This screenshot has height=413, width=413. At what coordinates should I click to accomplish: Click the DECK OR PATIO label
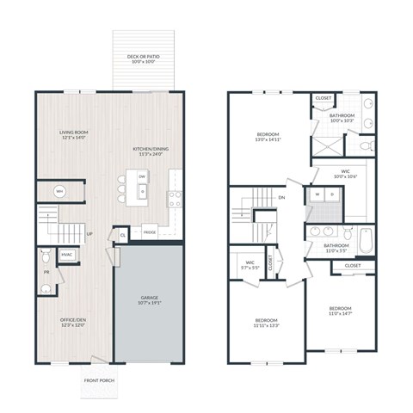(145, 59)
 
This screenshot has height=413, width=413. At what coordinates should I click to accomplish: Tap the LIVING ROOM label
(74, 135)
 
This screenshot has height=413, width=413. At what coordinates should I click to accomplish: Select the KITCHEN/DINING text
(151, 151)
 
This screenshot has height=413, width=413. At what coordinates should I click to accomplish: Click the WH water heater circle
(59, 191)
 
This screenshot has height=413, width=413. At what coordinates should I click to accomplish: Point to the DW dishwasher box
(143, 176)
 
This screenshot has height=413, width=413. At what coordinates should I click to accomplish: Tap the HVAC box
(66, 256)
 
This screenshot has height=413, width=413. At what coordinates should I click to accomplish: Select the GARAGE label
(150, 300)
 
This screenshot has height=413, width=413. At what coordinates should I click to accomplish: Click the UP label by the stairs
(89, 232)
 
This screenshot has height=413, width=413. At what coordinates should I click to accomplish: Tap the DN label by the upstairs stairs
(281, 197)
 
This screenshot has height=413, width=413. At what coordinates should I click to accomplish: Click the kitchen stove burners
(175, 195)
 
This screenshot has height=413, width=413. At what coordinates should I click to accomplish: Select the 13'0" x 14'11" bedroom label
(268, 138)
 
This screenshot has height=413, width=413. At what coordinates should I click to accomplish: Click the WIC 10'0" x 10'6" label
(345, 174)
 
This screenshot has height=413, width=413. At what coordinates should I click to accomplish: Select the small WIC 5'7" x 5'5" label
(250, 265)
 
